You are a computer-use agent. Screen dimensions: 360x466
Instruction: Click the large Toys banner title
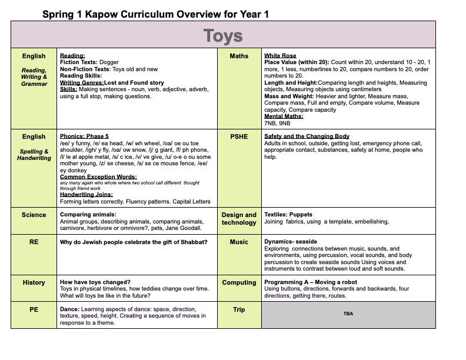click(223, 35)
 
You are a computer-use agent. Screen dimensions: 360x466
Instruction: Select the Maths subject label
click(239, 56)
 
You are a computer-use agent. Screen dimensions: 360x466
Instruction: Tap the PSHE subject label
click(239, 136)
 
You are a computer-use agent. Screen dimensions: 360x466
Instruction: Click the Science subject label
click(34, 215)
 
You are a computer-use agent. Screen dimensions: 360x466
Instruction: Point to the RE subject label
click(34, 242)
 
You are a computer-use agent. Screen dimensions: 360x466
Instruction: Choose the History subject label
click(34, 283)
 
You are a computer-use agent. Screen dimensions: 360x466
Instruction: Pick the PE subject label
click(34, 309)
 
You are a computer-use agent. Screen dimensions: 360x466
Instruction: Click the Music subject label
click(239, 242)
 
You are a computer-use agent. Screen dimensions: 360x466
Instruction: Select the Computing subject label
click(239, 283)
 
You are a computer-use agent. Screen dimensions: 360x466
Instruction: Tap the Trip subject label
click(239, 309)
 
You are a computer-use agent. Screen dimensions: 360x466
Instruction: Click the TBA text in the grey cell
click(348, 314)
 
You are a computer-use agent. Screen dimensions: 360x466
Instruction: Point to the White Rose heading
click(280, 56)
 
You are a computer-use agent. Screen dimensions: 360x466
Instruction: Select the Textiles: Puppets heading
click(288, 215)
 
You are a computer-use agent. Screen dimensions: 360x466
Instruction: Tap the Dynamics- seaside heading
click(291, 242)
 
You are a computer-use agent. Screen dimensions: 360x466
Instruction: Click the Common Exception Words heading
click(98, 176)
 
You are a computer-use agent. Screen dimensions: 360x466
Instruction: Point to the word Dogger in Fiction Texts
click(109, 62)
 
